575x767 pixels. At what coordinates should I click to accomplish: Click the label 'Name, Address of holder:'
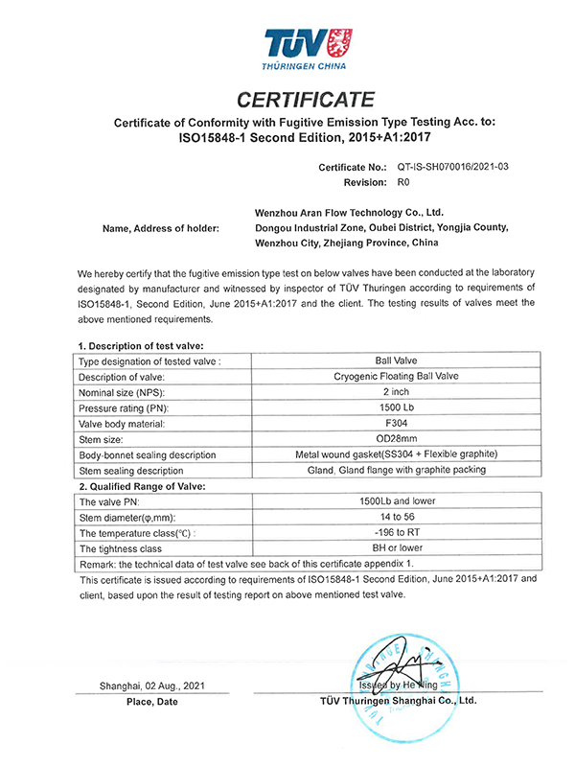(x=160, y=228)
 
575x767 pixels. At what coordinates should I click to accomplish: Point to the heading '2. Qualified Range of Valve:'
(x=143, y=485)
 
